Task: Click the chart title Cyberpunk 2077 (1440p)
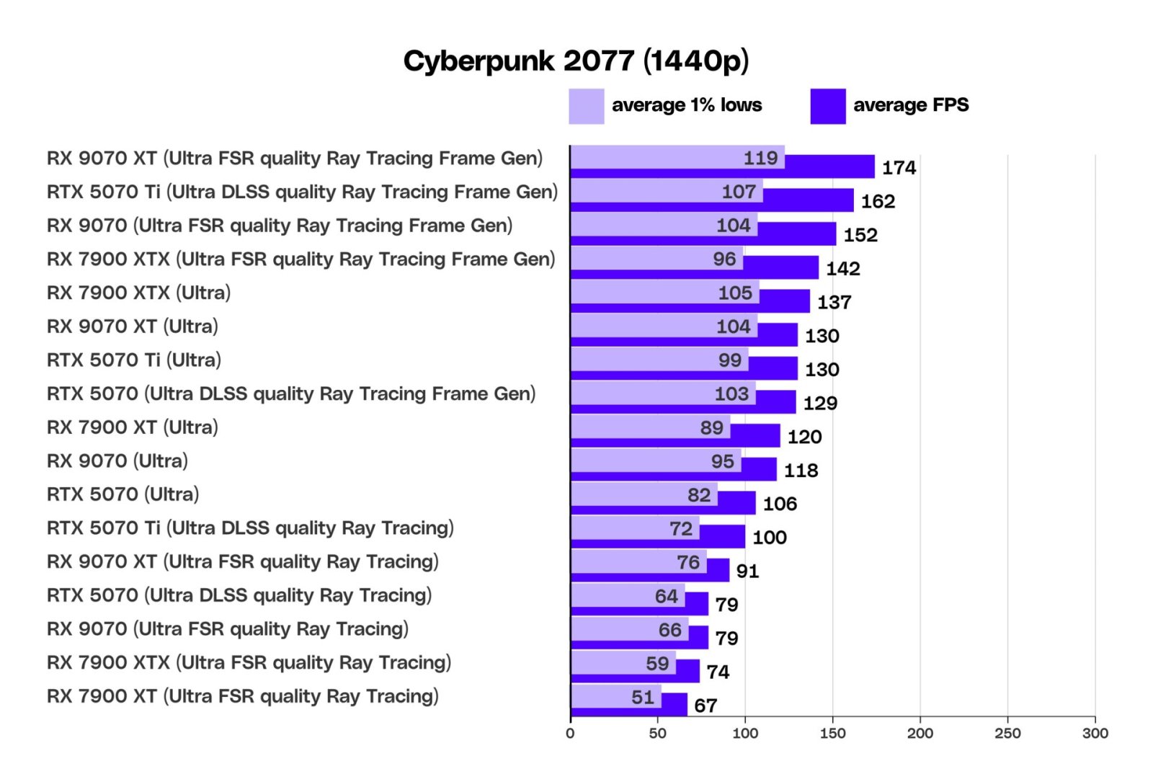pos(576,61)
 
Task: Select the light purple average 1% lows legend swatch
pos(586,107)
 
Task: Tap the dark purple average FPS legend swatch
pos(827,107)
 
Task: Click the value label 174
pos(899,168)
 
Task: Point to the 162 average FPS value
pos(878,202)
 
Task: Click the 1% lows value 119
pos(760,158)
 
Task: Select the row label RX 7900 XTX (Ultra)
pos(138,293)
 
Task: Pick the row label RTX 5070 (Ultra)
pos(123,494)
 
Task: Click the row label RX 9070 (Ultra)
pos(117,461)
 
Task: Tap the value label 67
pos(705,706)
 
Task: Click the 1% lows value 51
pos(643,697)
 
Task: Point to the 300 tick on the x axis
pos(1095,734)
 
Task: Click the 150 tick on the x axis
pos(832,734)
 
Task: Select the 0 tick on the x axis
pos(570,734)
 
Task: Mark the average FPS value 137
pos(834,303)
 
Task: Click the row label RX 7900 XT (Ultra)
pos(132,427)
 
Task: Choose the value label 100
pos(769,538)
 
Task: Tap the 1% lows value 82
pos(698,495)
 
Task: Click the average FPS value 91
pos(747,572)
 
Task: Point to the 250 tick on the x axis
pos(1007,734)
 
